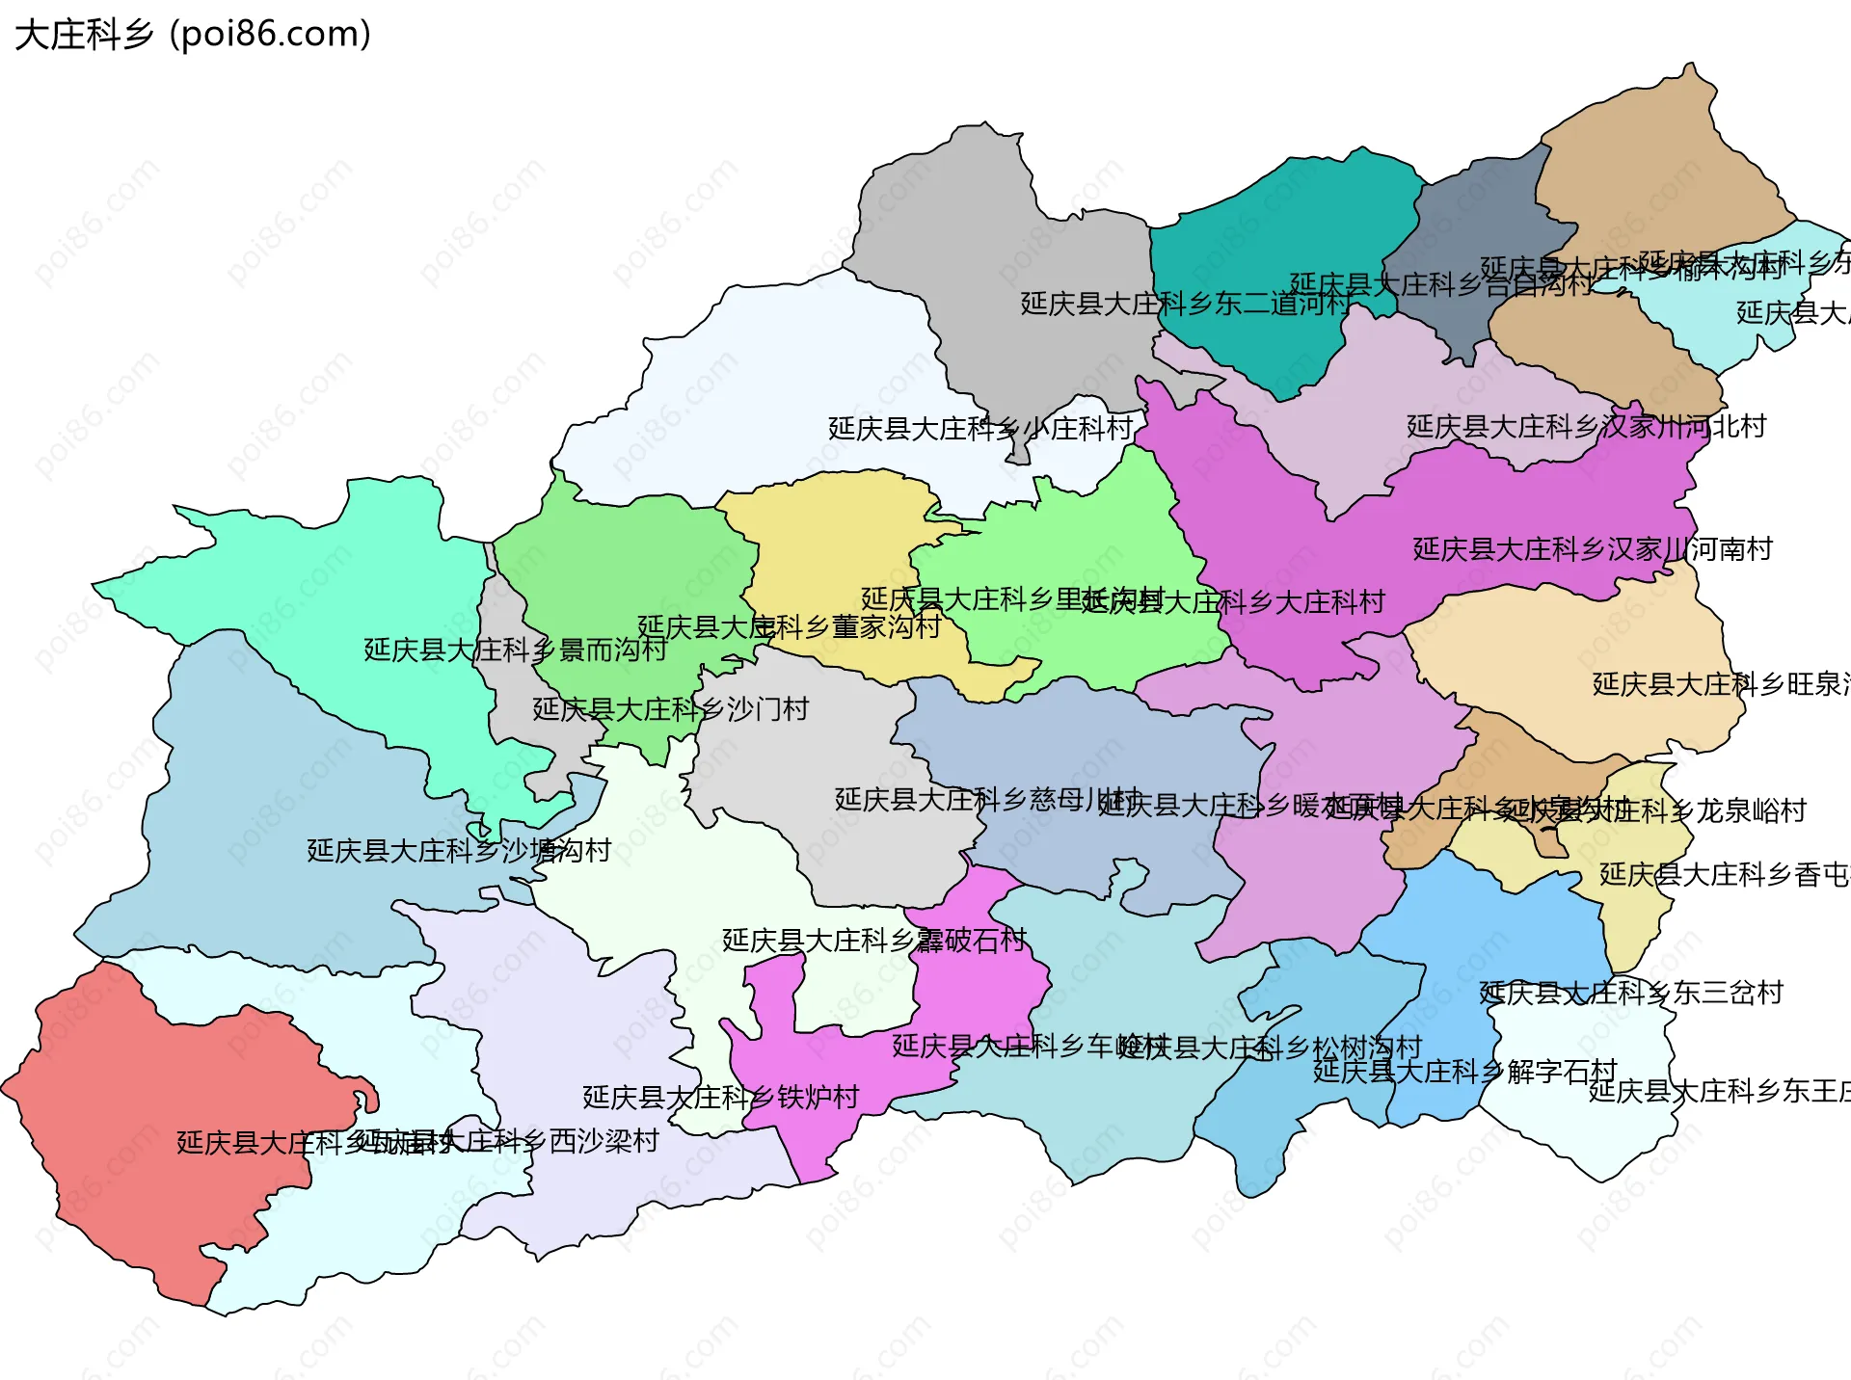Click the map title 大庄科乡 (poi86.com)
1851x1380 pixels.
(x=193, y=35)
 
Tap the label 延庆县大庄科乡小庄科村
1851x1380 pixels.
(x=979, y=429)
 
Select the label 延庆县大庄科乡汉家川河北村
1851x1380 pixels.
(x=1586, y=426)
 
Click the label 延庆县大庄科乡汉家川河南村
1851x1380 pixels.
(x=1593, y=549)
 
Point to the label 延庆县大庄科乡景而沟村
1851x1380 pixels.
(x=515, y=650)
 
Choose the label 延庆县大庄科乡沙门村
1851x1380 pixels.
(x=670, y=709)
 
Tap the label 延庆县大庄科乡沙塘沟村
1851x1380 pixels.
(x=459, y=850)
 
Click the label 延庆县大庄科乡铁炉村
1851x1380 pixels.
(x=720, y=1097)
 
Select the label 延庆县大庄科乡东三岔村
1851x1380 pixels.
(x=1631, y=993)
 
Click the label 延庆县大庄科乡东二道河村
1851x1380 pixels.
(x=1186, y=304)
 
